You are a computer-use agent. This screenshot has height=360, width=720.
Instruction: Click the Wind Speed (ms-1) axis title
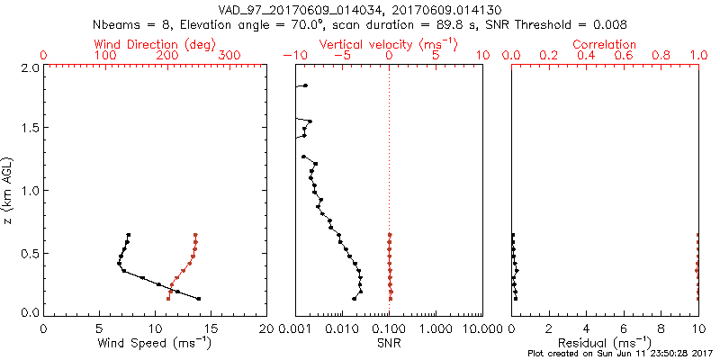(x=155, y=342)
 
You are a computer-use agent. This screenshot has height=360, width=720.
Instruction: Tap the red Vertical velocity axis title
(x=388, y=44)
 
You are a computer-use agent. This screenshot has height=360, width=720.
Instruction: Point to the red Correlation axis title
(x=605, y=44)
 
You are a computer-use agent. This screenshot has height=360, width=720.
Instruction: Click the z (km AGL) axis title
(x=10, y=190)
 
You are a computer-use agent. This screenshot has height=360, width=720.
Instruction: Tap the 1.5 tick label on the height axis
(x=29, y=129)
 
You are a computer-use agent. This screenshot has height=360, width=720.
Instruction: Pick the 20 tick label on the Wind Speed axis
(x=266, y=327)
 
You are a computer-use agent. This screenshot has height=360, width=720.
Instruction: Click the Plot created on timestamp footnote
(x=620, y=354)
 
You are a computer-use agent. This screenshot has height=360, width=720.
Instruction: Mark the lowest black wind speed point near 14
(x=198, y=299)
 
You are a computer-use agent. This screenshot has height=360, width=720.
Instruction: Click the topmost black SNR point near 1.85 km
(x=305, y=85)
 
